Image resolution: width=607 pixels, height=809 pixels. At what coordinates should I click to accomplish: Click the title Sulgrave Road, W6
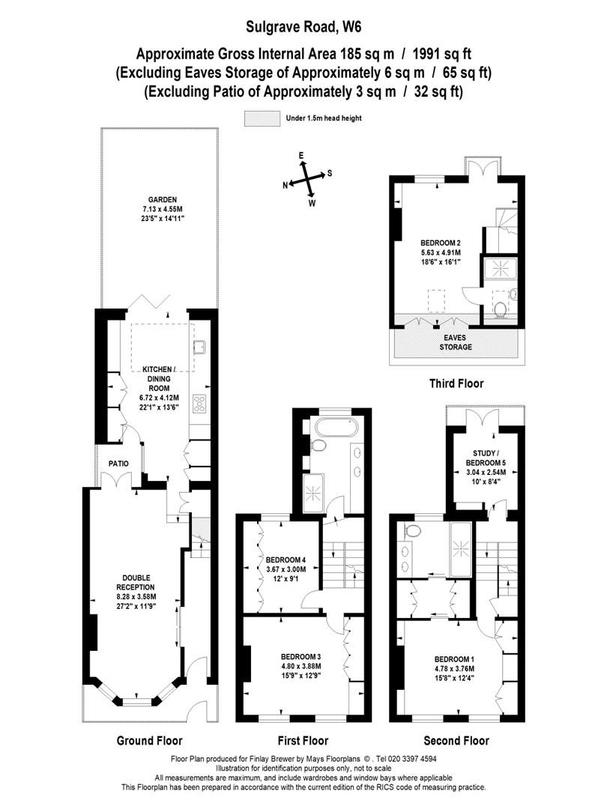303,27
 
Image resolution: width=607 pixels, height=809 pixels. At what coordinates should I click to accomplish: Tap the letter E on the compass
301,155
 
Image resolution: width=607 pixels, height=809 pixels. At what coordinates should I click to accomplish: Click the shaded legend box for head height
262,118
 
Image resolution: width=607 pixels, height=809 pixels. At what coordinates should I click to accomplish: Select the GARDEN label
163,200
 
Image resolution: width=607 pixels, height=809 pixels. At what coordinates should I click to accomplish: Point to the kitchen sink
200,347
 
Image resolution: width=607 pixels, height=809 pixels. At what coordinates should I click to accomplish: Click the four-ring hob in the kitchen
199,404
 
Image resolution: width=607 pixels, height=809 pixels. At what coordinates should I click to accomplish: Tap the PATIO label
118,464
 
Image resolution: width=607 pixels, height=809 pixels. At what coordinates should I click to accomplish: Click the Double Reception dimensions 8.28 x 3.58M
136,597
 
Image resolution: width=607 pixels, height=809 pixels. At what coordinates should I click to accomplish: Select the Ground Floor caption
150,741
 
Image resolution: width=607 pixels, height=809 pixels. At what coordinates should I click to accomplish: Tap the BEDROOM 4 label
286,560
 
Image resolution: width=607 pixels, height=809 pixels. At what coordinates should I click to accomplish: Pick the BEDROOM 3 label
301,657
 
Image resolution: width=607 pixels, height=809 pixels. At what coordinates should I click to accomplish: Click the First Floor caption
303,741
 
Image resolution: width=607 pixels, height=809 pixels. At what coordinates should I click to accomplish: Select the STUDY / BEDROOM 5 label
486,458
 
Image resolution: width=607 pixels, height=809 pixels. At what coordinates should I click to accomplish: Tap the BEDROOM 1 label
454,659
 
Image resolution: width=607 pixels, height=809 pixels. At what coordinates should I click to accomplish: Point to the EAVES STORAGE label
456,342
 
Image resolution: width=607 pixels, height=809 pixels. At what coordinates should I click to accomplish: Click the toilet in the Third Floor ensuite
500,309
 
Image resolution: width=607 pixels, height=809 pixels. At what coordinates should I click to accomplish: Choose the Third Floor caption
456,384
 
